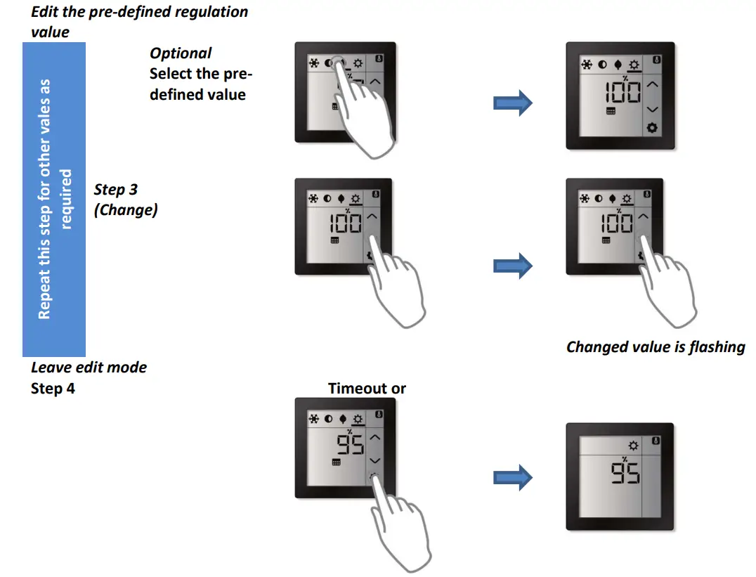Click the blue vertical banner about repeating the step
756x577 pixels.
(54, 199)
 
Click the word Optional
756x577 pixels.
(181, 53)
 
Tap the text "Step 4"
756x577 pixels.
(53, 388)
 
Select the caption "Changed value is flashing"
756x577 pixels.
(655, 346)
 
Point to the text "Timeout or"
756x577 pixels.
(367, 388)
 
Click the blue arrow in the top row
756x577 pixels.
(513, 103)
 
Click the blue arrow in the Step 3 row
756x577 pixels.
(513, 266)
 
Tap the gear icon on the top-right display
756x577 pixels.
(651, 128)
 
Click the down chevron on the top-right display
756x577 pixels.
(651, 109)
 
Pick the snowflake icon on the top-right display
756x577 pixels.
(586, 65)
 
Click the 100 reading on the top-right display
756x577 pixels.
(623, 91)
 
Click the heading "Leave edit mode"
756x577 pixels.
(89, 367)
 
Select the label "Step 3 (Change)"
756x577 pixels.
(125, 200)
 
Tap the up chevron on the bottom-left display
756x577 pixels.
(375, 437)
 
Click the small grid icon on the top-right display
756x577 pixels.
(611, 112)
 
